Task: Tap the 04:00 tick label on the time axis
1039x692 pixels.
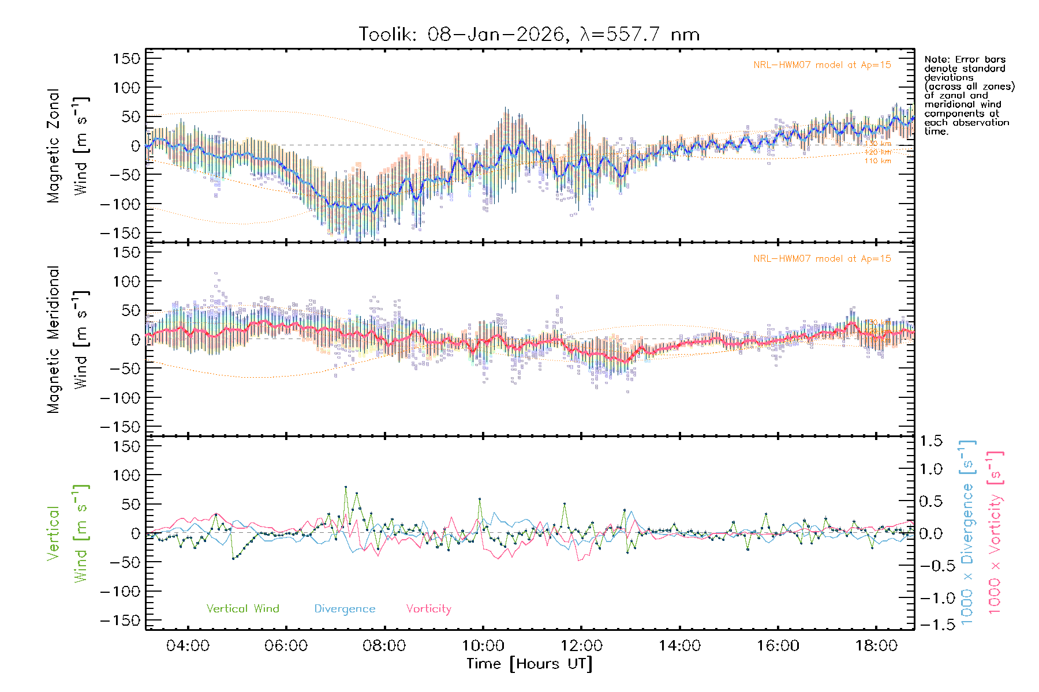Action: (x=188, y=646)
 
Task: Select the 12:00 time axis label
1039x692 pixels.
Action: (x=581, y=646)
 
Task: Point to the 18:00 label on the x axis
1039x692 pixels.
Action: (x=876, y=646)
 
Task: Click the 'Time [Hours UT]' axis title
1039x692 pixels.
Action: (x=529, y=664)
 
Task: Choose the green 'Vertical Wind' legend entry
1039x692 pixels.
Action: (x=242, y=608)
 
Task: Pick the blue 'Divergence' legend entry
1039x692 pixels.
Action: (x=345, y=608)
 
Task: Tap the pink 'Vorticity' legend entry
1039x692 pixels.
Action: (x=428, y=608)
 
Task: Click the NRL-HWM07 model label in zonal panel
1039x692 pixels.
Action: (x=822, y=65)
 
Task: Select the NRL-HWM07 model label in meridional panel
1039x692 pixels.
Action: (x=822, y=259)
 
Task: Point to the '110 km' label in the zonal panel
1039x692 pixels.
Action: (x=877, y=161)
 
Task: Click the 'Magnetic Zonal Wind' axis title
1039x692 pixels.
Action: (x=68, y=145)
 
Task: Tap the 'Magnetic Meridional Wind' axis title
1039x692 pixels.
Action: (x=68, y=339)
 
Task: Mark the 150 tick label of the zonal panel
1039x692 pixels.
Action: (x=127, y=58)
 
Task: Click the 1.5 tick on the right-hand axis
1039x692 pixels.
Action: (x=930, y=441)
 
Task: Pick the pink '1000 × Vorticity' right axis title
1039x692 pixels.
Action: (x=995, y=532)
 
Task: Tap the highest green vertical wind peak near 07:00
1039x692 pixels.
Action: (x=346, y=487)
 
